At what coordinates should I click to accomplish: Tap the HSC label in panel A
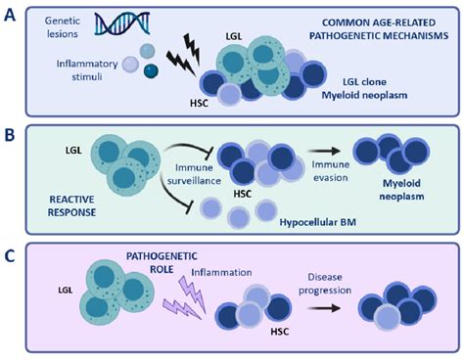(x=198, y=102)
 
